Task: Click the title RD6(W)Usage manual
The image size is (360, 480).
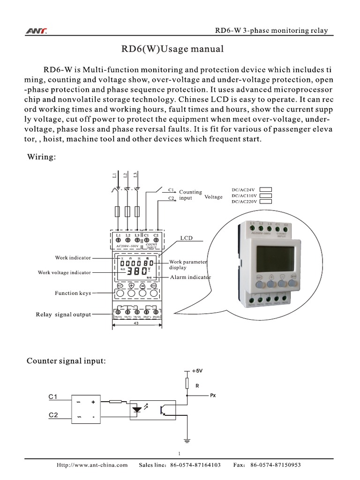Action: tap(166, 49)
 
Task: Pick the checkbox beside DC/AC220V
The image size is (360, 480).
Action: tap(266, 202)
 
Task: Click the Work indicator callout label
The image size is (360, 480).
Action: tap(73, 258)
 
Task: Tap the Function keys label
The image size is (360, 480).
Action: tap(72, 293)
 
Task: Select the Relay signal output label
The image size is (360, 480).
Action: tap(63, 315)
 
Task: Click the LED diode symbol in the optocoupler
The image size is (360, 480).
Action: tap(137, 409)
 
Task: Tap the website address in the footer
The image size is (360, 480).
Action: tap(92, 465)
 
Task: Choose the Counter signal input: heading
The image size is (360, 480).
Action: tap(66, 361)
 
